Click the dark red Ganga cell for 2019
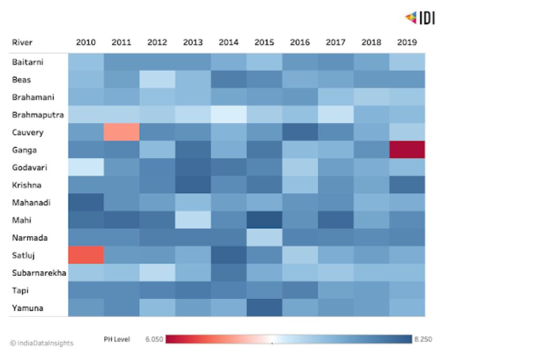coord(407,150)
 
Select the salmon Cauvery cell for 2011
coord(122,132)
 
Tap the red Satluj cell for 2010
coord(86,255)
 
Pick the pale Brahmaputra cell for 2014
coord(229,114)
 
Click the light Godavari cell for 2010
coord(86,167)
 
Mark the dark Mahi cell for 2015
coord(265,220)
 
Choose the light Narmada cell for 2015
coord(265,238)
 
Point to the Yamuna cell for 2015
coord(265,308)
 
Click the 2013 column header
coord(193,42)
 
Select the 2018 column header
coord(371,42)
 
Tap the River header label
coord(22,42)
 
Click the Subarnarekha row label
coord(39,273)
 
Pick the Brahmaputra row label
coord(38,115)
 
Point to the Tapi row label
coord(21,291)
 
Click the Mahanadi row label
coord(31,203)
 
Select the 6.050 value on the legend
coord(154,339)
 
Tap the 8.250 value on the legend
coord(423,339)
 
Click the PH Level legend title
coord(117,339)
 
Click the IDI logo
coord(420,17)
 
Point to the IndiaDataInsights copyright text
coord(42,343)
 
